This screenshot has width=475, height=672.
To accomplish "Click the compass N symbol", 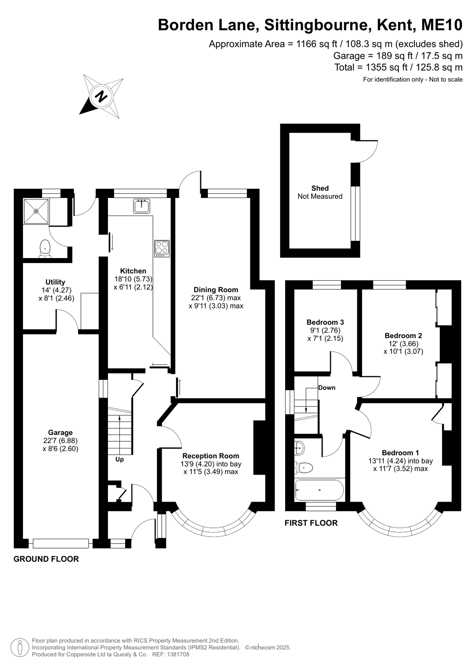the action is [x=101, y=96].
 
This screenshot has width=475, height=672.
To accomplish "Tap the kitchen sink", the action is [x=141, y=206].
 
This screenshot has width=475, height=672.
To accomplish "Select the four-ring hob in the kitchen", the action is [x=162, y=248].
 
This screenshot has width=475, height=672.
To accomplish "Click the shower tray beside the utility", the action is [x=36, y=211].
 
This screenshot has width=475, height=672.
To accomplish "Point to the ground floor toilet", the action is [x=45, y=249].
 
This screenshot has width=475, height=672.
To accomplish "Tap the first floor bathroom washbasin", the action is [x=299, y=448].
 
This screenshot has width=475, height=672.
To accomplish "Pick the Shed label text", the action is [x=320, y=188].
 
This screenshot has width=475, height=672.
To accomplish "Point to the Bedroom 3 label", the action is [x=325, y=322].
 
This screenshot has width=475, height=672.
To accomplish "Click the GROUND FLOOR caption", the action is [x=46, y=559].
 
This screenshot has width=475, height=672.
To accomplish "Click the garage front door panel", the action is [x=61, y=543].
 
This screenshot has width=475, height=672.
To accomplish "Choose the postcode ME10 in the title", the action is [x=442, y=25].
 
